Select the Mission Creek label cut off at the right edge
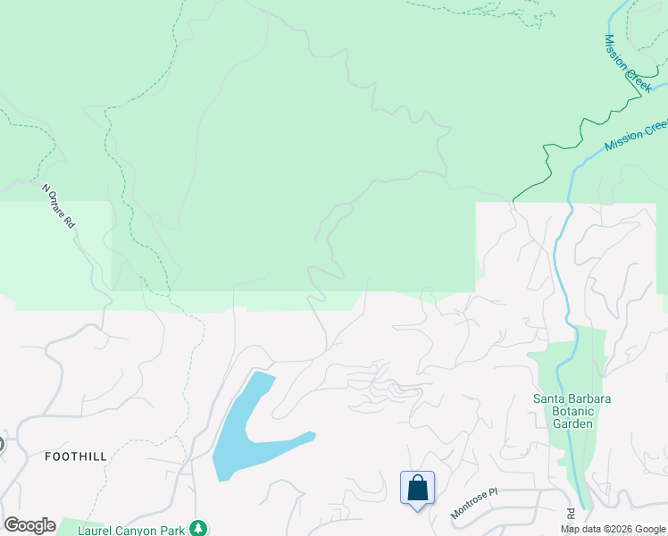pyautogui.click(x=636, y=135)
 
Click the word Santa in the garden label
pyautogui.click(x=551, y=398)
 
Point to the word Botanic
pyautogui.click(x=572, y=411)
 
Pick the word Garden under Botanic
pyautogui.click(x=572, y=423)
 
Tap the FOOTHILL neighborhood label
pyautogui.click(x=76, y=456)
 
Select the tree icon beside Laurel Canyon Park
pyautogui.click(x=198, y=528)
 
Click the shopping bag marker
pyautogui.click(x=417, y=489)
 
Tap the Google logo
pyautogui.click(x=29, y=524)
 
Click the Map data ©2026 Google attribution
pyautogui.click(x=613, y=529)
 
